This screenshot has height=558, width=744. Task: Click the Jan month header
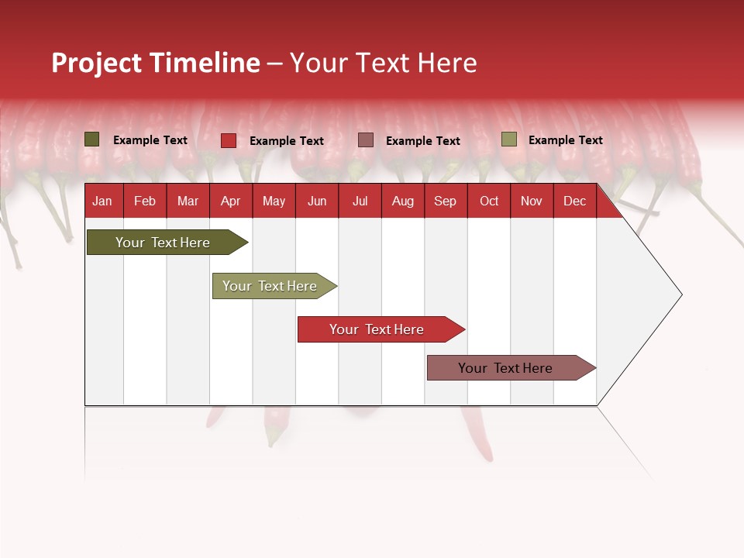tap(102, 201)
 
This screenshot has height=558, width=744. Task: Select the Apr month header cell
tap(231, 201)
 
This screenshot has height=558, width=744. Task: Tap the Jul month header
tap(360, 201)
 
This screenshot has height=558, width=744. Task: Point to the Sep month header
tap(445, 201)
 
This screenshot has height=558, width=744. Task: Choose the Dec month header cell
tap(574, 201)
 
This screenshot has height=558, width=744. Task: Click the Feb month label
tap(145, 201)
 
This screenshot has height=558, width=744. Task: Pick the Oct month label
tap(489, 201)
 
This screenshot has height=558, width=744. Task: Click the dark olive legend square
tap(92, 139)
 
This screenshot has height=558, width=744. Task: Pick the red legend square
tap(229, 140)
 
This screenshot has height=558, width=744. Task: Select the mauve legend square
tap(366, 140)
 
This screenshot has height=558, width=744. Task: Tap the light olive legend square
tap(508, 139)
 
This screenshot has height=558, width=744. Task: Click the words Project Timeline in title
tap(156, 63)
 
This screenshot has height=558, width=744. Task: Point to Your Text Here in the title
tap(383, 63)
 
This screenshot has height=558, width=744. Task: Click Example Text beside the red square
tap(287, 141)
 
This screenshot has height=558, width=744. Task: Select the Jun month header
tap(317, 201)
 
